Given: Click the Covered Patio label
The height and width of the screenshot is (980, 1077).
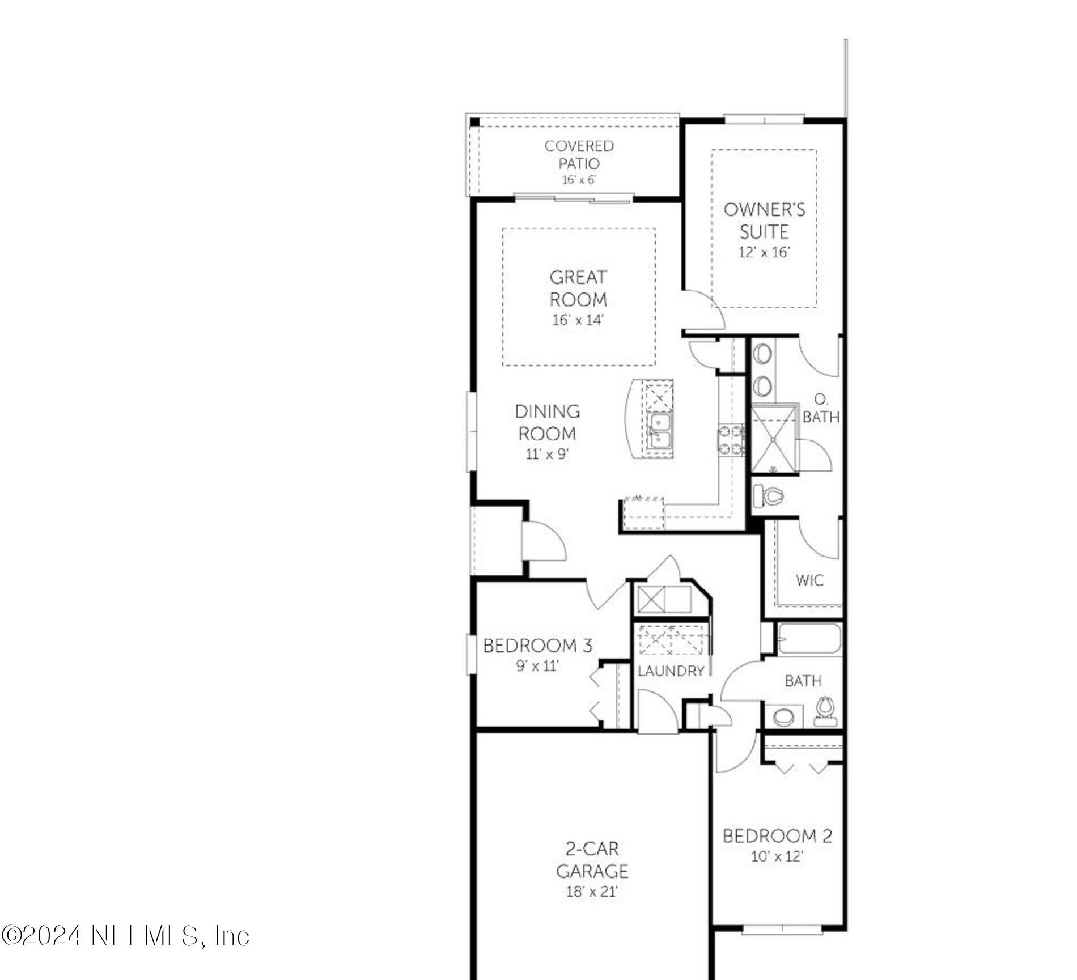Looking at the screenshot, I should tap(579, 155).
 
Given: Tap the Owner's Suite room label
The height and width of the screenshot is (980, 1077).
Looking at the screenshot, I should tap(764, 220).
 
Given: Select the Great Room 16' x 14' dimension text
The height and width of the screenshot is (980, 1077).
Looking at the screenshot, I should tap(578, 320).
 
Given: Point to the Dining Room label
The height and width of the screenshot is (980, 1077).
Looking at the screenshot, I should tap(547, 422).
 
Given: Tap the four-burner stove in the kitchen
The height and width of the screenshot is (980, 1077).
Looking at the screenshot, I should tap(731, 440).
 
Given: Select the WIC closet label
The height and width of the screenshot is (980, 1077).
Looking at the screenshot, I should tap(809, 580).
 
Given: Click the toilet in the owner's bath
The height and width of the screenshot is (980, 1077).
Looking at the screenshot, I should tap(770, 497).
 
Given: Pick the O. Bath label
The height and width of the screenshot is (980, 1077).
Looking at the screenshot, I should tap(821, 409).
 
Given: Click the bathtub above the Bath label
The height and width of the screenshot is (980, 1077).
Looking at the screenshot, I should tap(809, 640).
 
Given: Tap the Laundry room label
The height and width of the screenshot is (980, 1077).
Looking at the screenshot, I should tap(671, 671).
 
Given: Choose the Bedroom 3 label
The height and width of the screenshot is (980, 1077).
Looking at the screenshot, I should tap(537, 646).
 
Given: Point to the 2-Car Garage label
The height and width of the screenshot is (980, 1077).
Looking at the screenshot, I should tap(592, 860).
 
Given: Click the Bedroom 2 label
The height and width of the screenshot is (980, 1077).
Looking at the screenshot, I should tap(777, 836).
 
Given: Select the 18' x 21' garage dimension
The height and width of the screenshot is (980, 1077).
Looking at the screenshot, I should tap(591, 892).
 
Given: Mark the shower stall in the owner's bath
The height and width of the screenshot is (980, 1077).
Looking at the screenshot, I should tap(774, 438).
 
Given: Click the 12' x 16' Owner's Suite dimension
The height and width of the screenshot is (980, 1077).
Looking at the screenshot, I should tap(764, 252).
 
